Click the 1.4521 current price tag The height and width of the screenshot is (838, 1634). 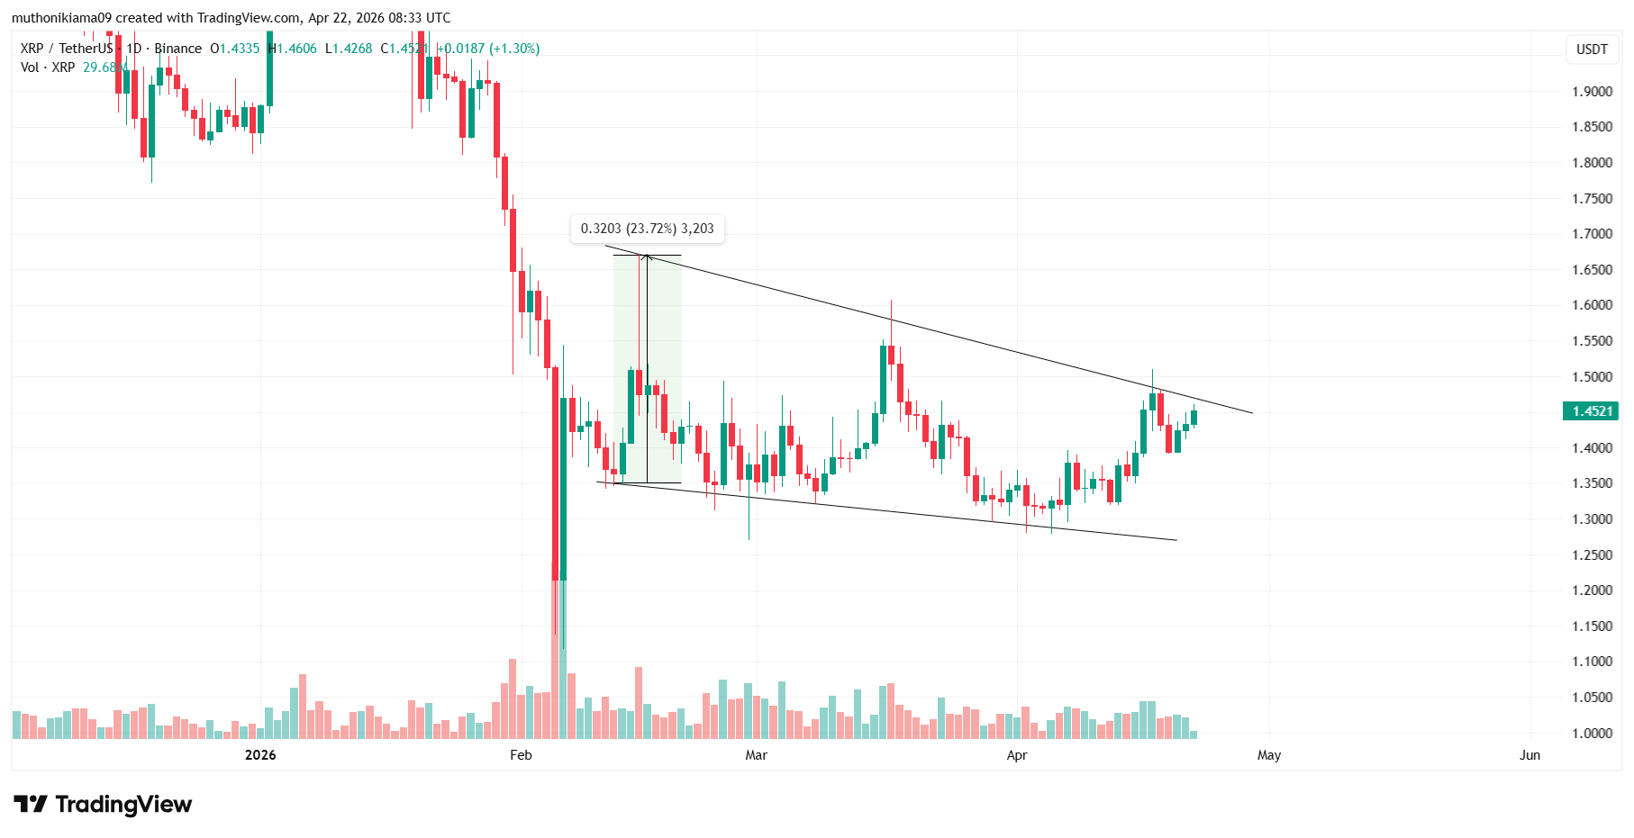(1592, 411)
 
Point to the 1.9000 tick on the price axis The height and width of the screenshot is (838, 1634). (1592, 92)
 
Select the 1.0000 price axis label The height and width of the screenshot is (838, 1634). (1592, 734)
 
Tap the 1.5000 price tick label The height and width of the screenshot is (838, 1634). (1592, 377)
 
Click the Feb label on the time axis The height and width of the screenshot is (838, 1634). (521, 755)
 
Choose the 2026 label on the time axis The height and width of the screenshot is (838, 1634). (260, 755)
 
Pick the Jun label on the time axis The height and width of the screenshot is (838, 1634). (1530, 755)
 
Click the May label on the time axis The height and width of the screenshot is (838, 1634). (1269, 755)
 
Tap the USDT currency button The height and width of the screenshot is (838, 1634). (1592, 50)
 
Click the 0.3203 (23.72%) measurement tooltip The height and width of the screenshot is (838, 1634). (647, 230)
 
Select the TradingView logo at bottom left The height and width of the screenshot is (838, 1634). (103, 804)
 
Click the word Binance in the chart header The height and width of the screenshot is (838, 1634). (177, 49)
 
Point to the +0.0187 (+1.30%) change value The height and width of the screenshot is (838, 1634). (488, 49)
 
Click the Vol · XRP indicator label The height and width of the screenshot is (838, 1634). (48, 68)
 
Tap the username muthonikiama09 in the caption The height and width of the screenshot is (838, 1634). (61, 18)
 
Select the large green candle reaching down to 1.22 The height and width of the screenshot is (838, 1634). (563, 486)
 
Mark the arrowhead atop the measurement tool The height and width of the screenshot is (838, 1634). (646, 258)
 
